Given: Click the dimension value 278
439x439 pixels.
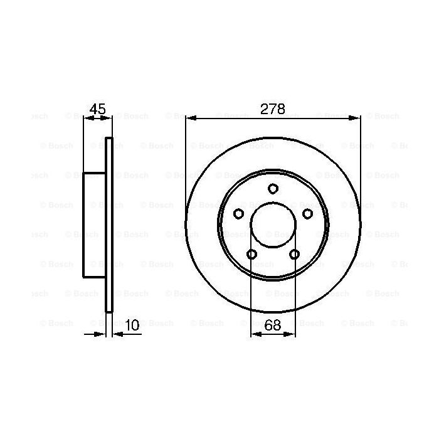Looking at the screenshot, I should pyautogui.click(x=273, y=108).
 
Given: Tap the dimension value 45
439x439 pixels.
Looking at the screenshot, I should pyautogui.click(x=97, y=108).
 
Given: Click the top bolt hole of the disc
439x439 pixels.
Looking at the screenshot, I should pyautogui.click(x=273, y=188).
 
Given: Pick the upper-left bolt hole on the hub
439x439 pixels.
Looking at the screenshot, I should pyautogui.click(x=238, y=214).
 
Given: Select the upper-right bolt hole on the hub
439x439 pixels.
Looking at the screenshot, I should pyautogui.click(x=307, y=214).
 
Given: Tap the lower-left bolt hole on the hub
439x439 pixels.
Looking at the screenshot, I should pyautogui.click(x=251, y=254).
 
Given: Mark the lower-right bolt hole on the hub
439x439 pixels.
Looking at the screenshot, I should pyautogui.click(x=294, y=254).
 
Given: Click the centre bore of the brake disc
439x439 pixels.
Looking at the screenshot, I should pyautogui.click(x=273, y=226).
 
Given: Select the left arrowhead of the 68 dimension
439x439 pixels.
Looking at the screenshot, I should pyautogui.click(x=255, y=334).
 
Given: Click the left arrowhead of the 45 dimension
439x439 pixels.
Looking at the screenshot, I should pyautogui.click(x=88, y=117).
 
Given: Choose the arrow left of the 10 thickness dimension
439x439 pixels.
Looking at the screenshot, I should pyautogui.click(x=100, y=334).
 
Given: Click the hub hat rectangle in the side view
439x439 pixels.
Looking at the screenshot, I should pyautogui.click(x=94, y=225).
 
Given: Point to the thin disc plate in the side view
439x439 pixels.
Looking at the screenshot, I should pyautogui.click(x=109, y=225).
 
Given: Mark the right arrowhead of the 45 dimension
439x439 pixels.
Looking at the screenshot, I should pyautogui.click(x=108, y=117).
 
